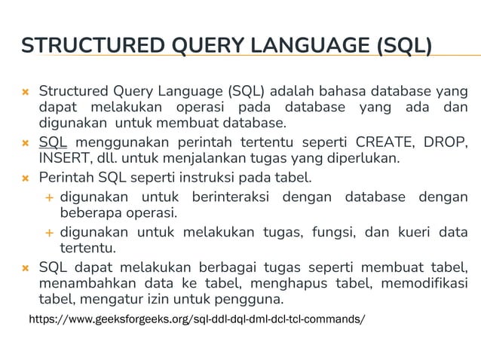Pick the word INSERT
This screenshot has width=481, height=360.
(x=63, y=160)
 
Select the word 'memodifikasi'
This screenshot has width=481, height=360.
(x=424, y=284)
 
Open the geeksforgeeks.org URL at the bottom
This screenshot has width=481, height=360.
(x=197, y=319)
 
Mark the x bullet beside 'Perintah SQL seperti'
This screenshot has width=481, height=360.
(x=25, y=180)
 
